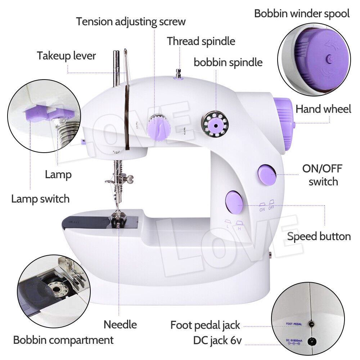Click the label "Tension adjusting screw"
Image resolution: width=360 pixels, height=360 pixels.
[131, 22]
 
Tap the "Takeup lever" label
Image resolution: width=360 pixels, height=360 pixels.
[66, 56]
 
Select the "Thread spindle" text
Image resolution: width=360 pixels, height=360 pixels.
[201, 41]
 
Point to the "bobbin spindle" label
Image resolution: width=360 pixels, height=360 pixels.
[228, 62]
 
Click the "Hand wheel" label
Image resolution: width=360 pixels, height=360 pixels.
[323, 109]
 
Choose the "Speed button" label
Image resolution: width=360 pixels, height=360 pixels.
[319, 237]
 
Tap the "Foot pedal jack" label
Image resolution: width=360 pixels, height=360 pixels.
[205, 325]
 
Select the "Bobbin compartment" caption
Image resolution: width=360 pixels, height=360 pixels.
[63, 340]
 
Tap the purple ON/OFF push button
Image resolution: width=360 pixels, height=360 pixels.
[267, 175]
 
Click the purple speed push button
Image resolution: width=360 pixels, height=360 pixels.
[234, 202]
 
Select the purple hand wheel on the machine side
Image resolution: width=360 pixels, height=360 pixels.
[284, 122]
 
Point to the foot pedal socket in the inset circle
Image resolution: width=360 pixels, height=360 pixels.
[311, 325]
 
